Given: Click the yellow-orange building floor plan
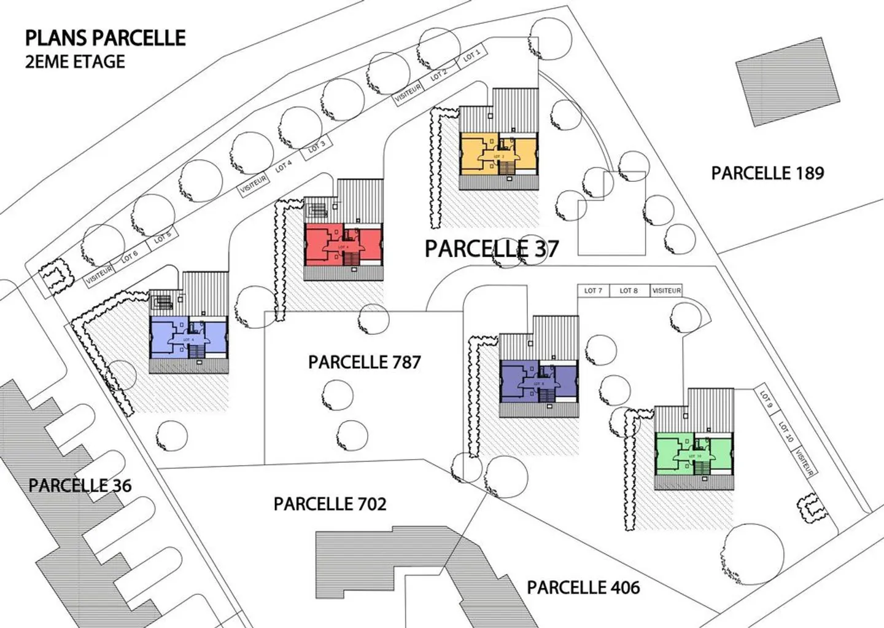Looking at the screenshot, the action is point(498,154).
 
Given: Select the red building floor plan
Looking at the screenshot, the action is point(343,245).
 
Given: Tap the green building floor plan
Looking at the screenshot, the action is point(694,454).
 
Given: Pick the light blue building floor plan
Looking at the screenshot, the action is point(188,337).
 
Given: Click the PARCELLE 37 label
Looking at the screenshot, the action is point(492,249).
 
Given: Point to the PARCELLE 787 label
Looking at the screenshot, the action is point(365,362).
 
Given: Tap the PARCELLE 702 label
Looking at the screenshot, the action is point(330,504).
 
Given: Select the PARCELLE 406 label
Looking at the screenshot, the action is point(583,587).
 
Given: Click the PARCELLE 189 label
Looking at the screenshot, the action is point(767,173).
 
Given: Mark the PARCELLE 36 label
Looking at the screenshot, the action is point(80,485).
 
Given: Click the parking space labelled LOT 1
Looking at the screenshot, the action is point(472,57).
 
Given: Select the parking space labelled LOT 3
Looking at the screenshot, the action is point(317,147).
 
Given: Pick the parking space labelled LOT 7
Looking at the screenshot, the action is point(593,291).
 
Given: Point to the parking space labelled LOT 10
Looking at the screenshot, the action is point(786,431).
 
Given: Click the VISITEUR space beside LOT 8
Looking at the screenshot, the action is point(666,291).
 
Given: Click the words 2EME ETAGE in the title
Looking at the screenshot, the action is point(75,61).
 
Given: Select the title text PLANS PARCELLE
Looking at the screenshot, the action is point(105,38).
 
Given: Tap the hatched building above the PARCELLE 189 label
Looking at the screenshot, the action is point(788,81).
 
